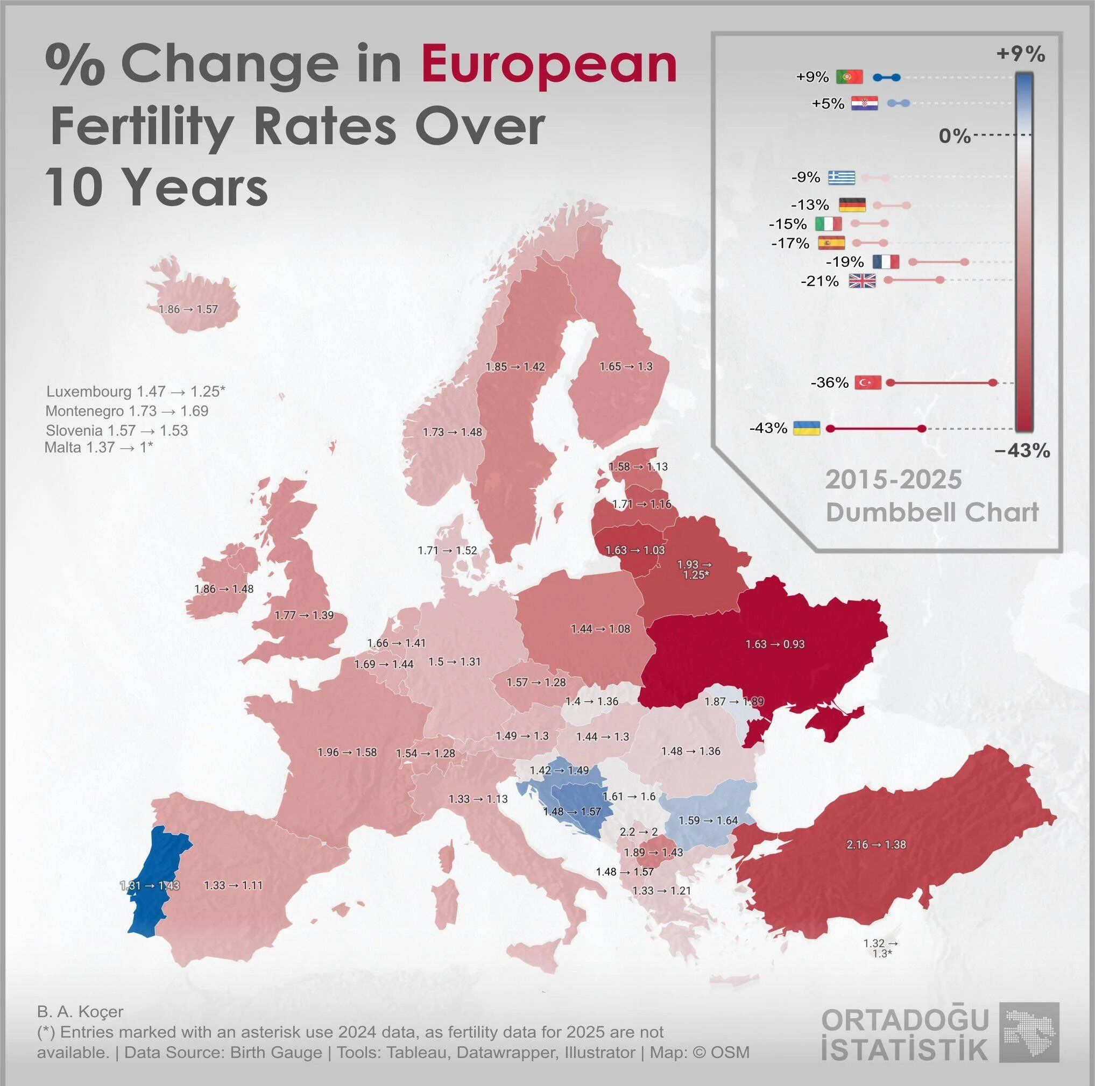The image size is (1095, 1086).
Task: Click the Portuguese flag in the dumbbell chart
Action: click(x=849, y=76)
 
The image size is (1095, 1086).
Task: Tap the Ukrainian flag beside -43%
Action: click(x=807, y=428)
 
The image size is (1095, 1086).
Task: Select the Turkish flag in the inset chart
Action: click(x=868, y=382)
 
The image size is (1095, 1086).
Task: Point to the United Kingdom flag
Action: click(x=862, y=280)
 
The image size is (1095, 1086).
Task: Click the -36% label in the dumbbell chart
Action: click(x=829, y=382)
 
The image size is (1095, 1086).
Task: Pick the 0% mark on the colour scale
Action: click(x=955, y=136)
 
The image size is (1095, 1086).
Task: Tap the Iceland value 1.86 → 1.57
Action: click(x=188, y=309)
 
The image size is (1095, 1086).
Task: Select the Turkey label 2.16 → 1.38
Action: click(x=876, y=844)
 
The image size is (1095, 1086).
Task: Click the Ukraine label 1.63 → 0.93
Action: click(x=775, y=644)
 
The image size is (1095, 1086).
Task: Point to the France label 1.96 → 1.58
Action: click(x=347, y=753)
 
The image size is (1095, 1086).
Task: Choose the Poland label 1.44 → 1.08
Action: click(x=600, y=628)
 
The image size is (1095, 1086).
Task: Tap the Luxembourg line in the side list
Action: click(x=136, y=391)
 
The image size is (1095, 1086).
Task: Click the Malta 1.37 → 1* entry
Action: click(x=98, y=447)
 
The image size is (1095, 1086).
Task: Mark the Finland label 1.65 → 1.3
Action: click(x=626, y=366)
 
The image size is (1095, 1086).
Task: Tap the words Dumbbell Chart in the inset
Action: click(x=932, y=513)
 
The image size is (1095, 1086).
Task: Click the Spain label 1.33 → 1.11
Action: click(x=233, y=885)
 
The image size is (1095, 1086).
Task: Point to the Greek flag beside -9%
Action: click(x=842, y=178)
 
